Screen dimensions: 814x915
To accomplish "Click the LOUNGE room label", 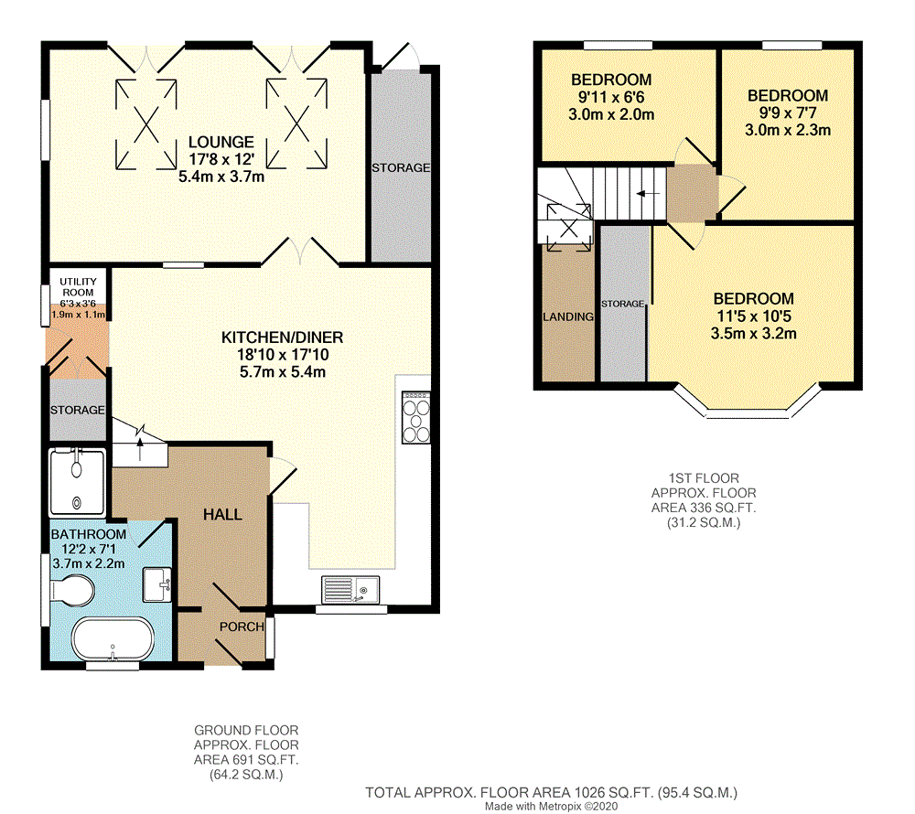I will click(221, 142).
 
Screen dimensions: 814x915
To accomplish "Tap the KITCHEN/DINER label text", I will click(282, 337).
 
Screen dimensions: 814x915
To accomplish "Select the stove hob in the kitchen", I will click(416, 416).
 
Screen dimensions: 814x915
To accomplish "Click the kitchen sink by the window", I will click(352, 590).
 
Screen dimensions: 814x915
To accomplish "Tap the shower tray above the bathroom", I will click(77, 481).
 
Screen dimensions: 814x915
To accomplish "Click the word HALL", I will click(222, 515).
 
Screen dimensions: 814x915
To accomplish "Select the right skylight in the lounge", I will click(296, 123).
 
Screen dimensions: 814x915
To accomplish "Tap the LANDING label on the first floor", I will click(568, 316).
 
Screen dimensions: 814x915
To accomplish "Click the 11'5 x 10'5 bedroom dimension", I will click(754, 316).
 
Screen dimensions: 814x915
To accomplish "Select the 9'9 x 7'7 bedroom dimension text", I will click(788, 112).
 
